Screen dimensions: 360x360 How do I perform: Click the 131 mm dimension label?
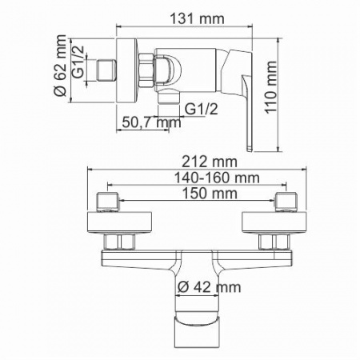coord(197,19)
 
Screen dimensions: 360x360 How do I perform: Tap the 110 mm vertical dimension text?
coord(270,87)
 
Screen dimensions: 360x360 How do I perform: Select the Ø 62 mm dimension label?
coord(59,66)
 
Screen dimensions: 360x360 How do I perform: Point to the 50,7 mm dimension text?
coord(151,122)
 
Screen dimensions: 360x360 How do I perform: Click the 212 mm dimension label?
coord(210,162)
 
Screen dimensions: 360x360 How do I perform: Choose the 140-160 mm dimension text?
coord(217,178)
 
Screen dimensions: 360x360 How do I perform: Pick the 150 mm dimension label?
coord(210,194)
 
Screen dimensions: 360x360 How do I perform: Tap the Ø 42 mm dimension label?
coord(209,287)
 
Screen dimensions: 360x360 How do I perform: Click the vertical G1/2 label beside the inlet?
coord(79,62)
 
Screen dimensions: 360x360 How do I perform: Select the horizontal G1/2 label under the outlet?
coord(202,109)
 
